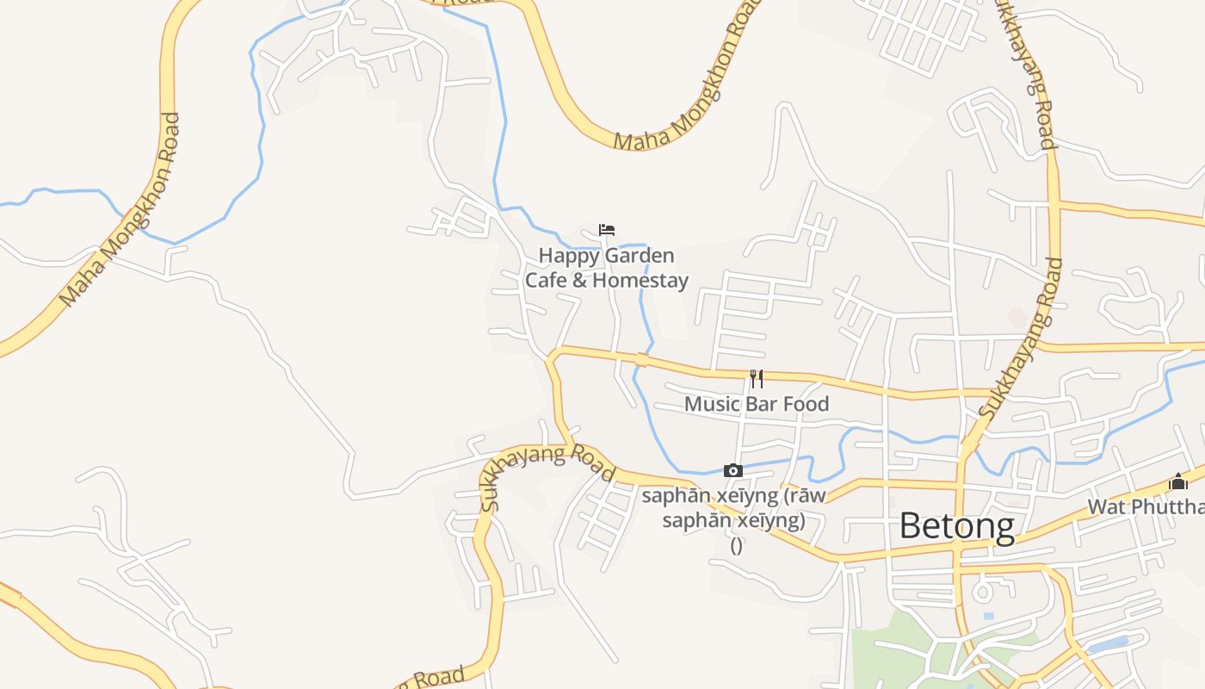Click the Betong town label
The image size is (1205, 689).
(956, 525)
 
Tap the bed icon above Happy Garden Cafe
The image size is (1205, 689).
(607, 230)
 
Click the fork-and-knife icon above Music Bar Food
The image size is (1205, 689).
(757, 378)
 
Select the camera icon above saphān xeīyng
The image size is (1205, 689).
(733, 470)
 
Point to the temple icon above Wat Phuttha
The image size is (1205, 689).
(1177, 481)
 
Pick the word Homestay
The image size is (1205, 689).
(640, 281)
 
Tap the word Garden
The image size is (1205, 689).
(640, 257)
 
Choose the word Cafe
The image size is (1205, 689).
(546, 281)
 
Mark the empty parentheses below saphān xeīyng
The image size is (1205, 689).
(736, 545)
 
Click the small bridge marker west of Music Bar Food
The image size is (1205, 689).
(640, 359)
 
